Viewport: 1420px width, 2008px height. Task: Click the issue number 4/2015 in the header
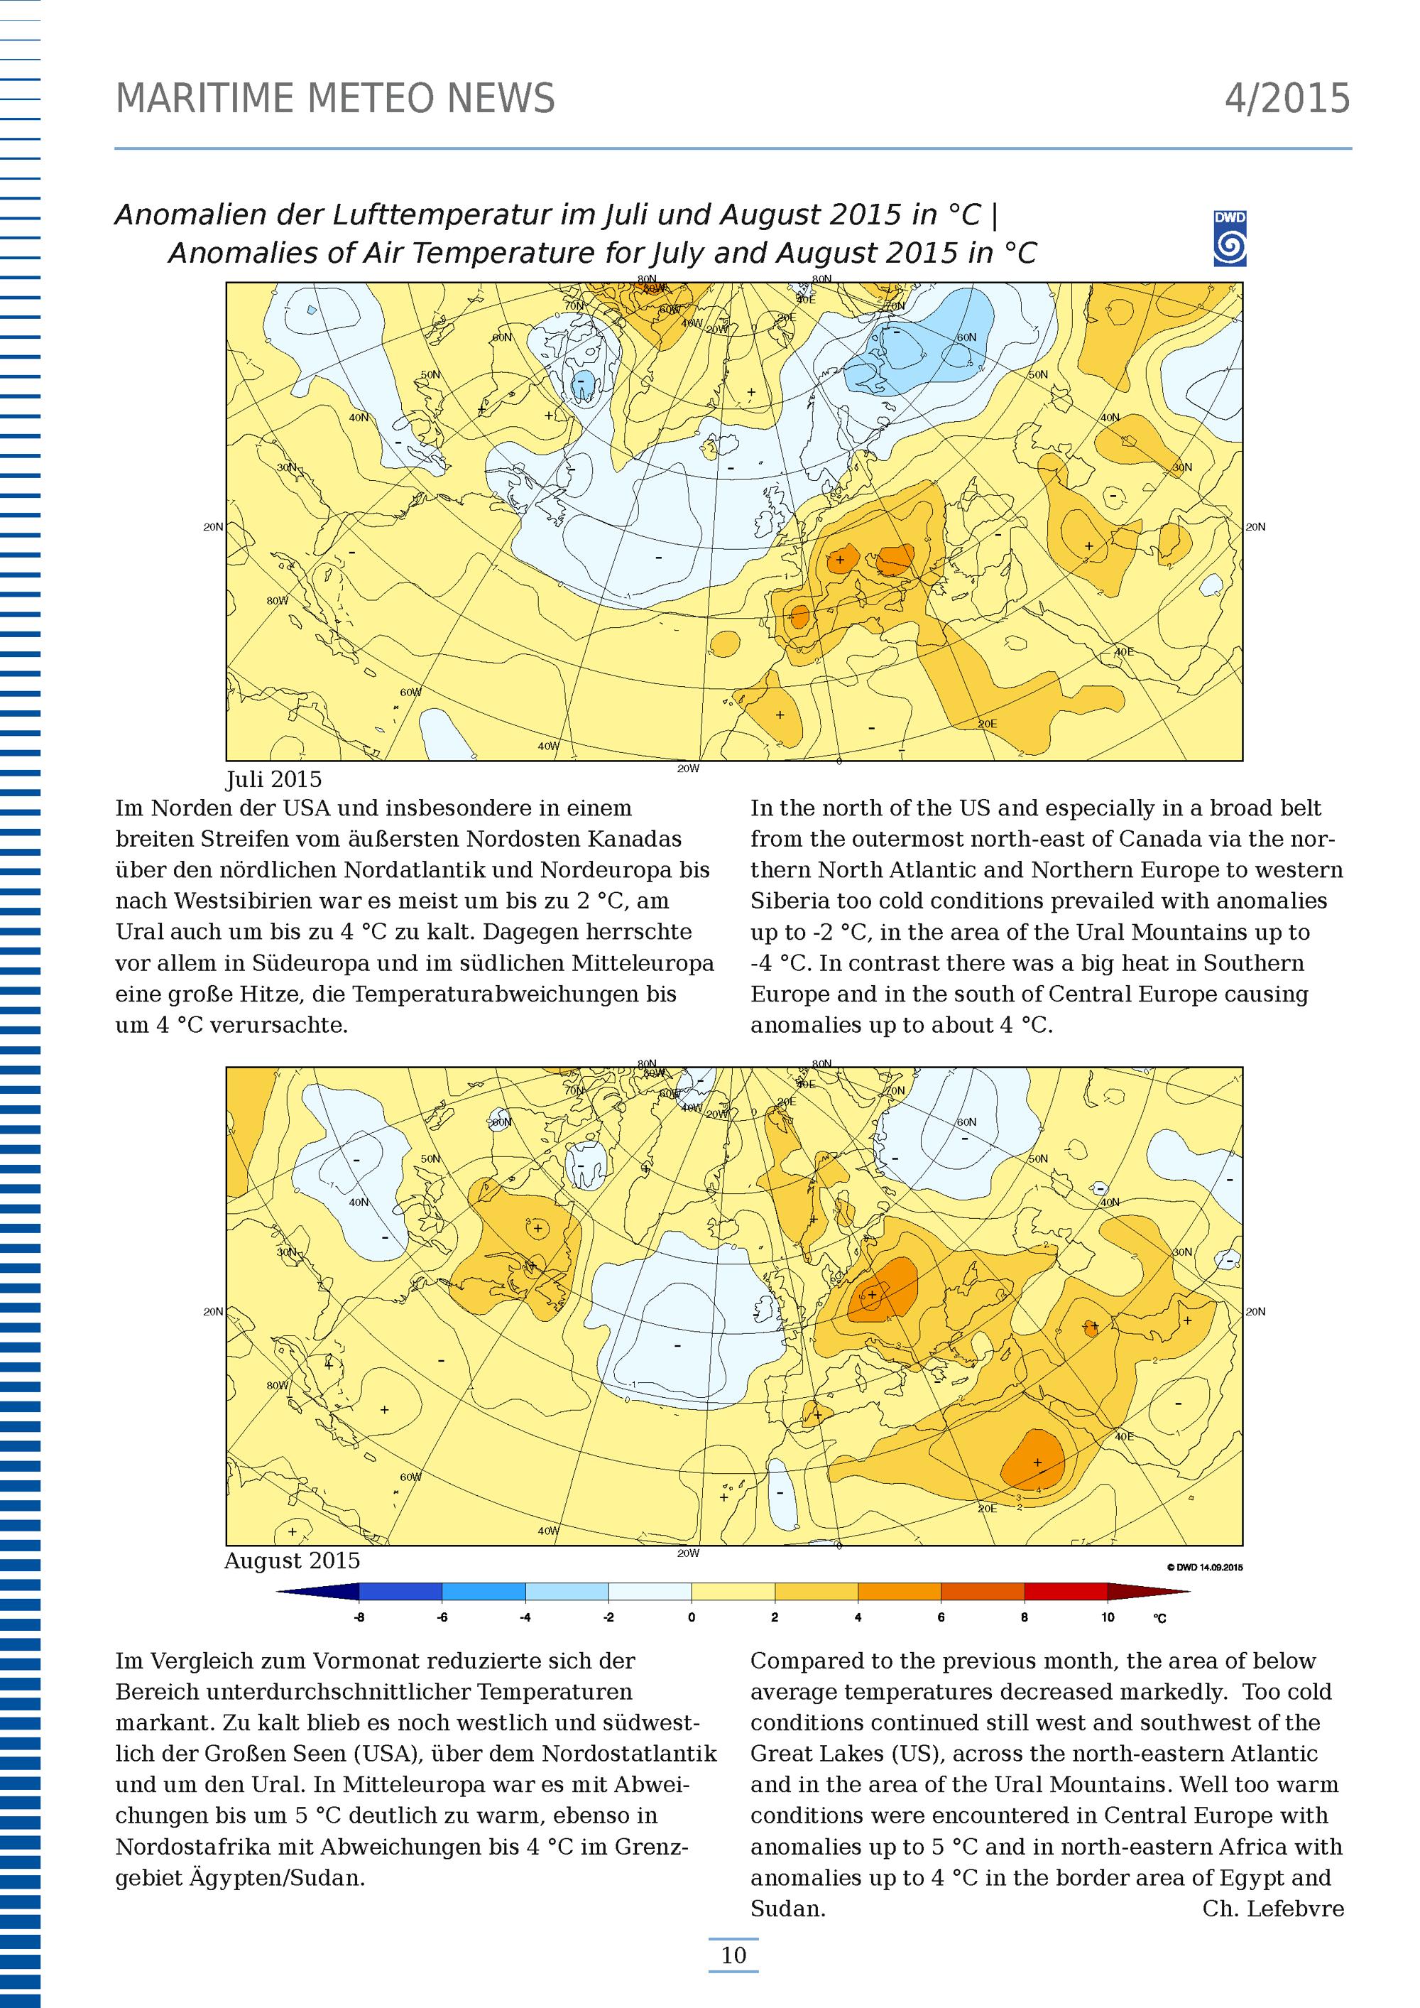click(1287, 99)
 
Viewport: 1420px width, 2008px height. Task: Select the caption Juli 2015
click(273, 778)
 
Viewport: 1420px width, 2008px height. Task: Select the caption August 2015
click(292, 1561)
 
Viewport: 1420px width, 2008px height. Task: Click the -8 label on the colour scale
click(359, 1618)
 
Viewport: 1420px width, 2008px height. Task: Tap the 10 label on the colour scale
click(1107, 1618)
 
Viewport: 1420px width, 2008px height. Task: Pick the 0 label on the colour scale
click(691, 1618)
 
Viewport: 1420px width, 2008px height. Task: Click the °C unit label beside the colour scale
click(1159, 1619)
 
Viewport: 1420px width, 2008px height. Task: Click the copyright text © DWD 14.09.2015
click(1204, 1567)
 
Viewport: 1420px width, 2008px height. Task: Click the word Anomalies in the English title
click(226, 254)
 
